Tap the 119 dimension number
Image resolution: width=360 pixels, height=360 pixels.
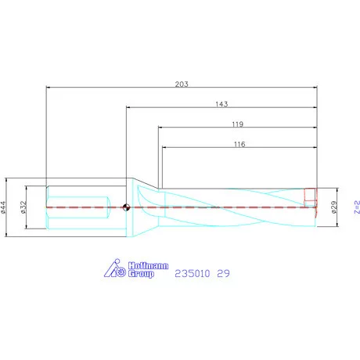pos(238,124)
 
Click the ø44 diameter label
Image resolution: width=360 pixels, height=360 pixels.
pos(6,207)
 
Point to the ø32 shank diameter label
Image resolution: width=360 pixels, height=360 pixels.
pos(24,207)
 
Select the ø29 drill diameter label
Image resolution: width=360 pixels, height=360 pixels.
pos(334,207)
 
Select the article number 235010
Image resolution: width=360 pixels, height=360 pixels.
pos(192,273)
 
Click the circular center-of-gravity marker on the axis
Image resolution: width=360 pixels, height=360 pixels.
pos(126,207)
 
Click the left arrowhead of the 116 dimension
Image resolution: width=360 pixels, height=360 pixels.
pos(164,149)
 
